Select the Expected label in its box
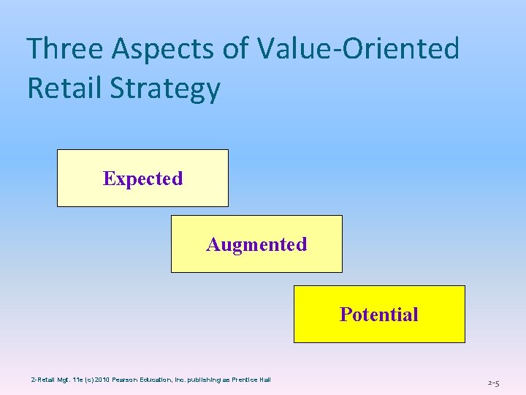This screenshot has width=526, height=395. (142, 178)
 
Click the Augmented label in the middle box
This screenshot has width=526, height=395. (256, 244)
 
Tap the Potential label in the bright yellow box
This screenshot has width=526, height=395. (378, 315)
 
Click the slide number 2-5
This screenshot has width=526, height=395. (493, 383)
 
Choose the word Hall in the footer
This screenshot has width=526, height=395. (264, 379)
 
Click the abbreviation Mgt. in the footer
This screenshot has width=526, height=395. (60, 379)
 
